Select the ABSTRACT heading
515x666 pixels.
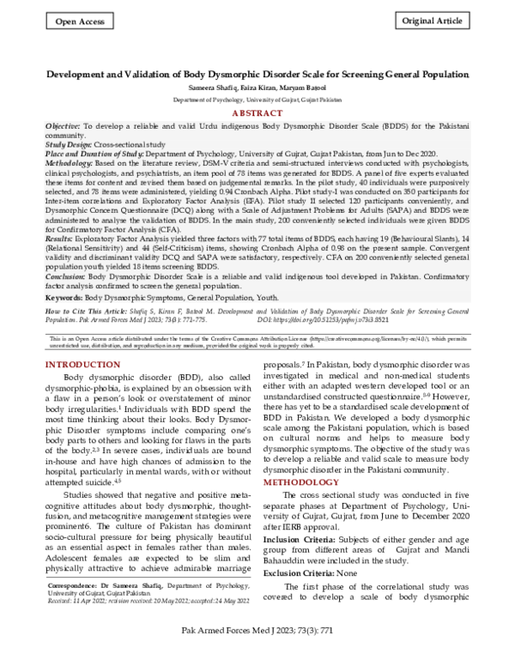257,112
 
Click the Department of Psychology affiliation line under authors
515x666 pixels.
257,100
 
